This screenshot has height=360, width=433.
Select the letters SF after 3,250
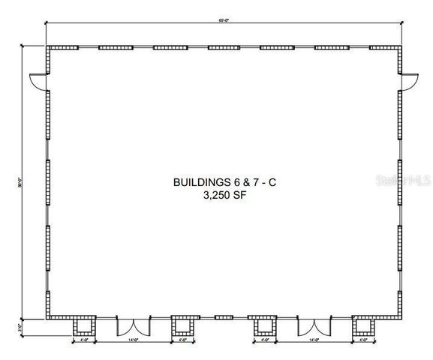(x=239, y=195)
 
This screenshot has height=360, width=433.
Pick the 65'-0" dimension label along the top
(x=224, y=20)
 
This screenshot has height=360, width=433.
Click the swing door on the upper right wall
(x=409, y=82)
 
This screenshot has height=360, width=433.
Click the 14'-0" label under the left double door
(x=134, y=341)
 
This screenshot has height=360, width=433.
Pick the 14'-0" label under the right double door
(x=314, y=341)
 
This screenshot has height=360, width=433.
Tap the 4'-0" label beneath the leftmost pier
(x=84, y=341)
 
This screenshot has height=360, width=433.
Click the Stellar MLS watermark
(x=404, y=181)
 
